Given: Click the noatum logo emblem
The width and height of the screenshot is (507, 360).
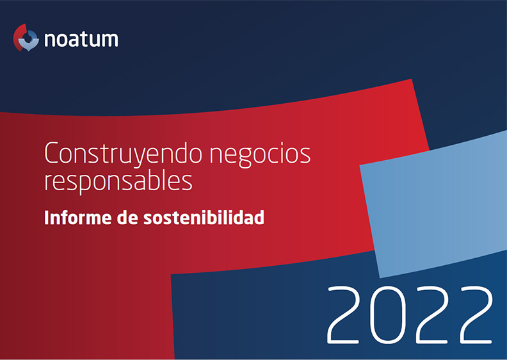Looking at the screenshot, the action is tap(26, 38).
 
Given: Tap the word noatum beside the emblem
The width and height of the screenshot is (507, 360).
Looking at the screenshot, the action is tap(81, 39).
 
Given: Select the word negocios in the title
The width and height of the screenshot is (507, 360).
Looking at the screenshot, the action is tap(261, 154).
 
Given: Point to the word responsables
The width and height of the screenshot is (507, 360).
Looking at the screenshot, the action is tap(118, 181).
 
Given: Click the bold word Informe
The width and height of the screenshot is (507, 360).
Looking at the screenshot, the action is tap(78, 217).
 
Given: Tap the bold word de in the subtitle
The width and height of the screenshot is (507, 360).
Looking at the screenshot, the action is tap(127, 217).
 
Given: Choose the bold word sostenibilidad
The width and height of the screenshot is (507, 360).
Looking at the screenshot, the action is tap(204, 217).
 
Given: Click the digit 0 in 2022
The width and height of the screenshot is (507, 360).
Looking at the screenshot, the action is tap(388, 315).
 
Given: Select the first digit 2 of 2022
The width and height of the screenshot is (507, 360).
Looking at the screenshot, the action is tap(343, 315).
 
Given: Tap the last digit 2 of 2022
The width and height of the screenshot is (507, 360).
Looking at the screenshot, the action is tap(477, 315).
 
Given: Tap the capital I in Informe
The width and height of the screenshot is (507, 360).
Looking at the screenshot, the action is tap(47, 217).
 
